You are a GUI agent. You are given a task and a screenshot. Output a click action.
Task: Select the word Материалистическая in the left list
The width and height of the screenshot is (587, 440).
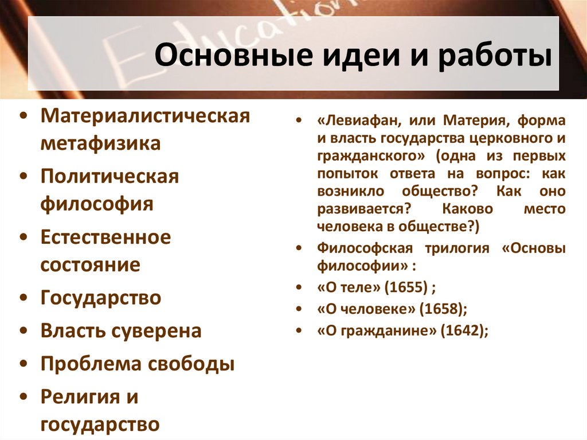tap(145, 116)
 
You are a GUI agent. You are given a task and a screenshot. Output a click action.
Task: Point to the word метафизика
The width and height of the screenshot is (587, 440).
tap(100, 143)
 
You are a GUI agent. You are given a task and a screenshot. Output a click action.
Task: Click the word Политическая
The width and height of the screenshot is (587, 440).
tap(109, 176)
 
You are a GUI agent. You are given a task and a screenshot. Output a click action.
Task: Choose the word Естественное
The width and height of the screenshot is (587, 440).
tap(105, 237)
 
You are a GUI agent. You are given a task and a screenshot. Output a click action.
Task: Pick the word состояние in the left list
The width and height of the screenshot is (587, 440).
tap(90, 264)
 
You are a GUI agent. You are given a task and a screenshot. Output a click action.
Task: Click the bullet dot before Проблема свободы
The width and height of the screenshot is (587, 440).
tap(22, 365)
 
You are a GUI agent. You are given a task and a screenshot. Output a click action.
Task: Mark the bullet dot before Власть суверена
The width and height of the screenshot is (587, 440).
tap(22, 332)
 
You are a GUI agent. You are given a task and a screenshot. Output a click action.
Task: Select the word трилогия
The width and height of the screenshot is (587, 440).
tap(456, 248)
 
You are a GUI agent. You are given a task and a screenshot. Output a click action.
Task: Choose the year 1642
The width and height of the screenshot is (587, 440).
tap(462, 331)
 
